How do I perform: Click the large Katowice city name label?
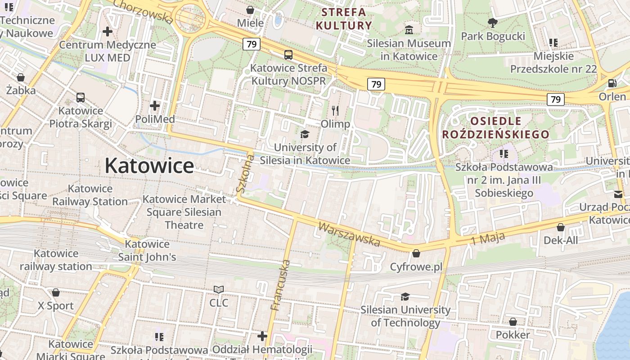pos(149,166)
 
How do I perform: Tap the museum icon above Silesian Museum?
pos(409,30)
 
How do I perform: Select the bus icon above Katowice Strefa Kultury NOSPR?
pos(288,55)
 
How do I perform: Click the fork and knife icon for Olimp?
pos(335,110)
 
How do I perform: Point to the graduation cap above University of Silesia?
pos(305,134)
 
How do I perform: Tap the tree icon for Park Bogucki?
pos(493,22)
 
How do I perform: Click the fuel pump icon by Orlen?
pos(612,83)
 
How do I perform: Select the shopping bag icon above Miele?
pos(250,9)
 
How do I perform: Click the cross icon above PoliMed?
pos(155,106)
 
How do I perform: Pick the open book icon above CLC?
pos(219,289)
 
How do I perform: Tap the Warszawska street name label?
pos(349,234)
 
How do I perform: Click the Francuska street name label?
pos(280,285)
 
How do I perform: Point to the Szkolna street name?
pos(245,173)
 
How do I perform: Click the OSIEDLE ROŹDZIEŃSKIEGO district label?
pos(495,128)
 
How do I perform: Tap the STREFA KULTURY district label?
pos(344,19)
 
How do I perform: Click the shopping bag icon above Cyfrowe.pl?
pos(416,253)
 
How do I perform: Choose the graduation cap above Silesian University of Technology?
pos(405,296)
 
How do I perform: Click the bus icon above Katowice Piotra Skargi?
pos(81,97)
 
